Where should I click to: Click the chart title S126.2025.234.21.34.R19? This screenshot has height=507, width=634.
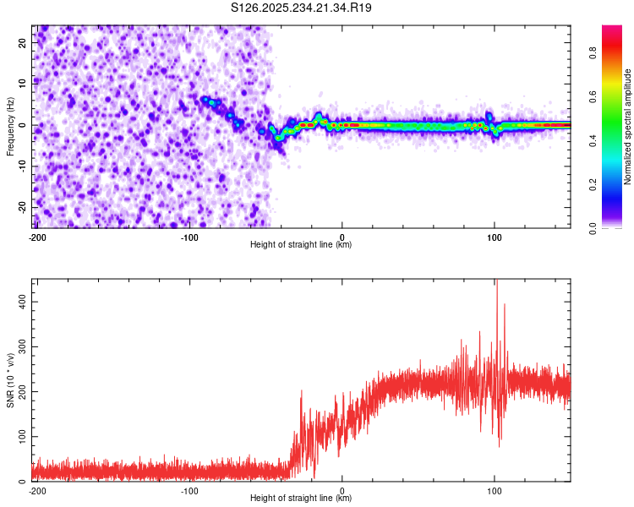click(x=302, y=8)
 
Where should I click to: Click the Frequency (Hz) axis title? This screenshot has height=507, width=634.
click(x=10, y=127)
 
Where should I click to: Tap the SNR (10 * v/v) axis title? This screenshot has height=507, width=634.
click(x=10, y=380)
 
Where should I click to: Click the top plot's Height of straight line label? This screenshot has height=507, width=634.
click(x=301, y=245)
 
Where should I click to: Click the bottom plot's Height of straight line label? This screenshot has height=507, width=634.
click(x=301, y=499)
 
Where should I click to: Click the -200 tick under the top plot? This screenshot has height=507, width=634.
click(x=36, y=237)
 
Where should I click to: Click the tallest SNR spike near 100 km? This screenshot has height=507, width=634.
click(x=497, y=281)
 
